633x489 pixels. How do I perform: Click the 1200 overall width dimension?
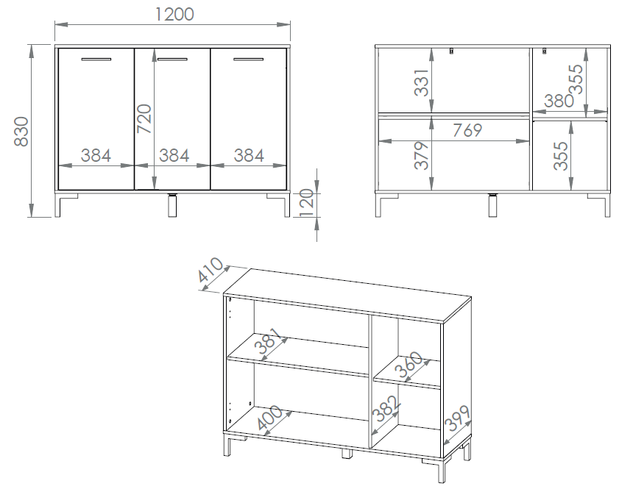click(x=174, y=15)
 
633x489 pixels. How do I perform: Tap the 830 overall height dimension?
click(x=21, y=132)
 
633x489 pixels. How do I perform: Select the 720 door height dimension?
click(x=144, y=118)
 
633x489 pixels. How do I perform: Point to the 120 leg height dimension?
click(x=308, y=204)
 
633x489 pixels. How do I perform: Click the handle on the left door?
click(x=96, y=60)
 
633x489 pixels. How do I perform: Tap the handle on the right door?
click(x=248, y=60)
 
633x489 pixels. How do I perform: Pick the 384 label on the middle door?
click(x=174, y=155)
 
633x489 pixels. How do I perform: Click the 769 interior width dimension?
click(x=467, y=130)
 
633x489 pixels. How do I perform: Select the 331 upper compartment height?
click(x=422, y=82)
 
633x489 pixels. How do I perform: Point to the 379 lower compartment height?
click(x=422, y=155)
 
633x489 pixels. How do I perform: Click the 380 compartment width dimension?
click(x=559, y=101)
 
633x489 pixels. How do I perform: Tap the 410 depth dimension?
click(x=211, y=270)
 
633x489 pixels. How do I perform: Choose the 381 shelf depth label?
click(x=267, y=340)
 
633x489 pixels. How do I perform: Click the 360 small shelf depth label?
click(x=409, y=364)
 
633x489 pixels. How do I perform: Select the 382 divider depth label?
click(x=386, y=409)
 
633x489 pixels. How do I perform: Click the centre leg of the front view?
click(x=172, y=205)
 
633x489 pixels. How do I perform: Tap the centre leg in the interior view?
click(x=493, y=205)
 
